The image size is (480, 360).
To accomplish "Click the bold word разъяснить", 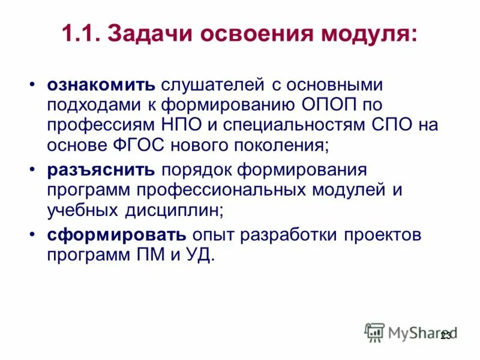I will [x=101, y=169].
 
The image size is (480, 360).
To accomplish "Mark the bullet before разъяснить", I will [x=34, y=169].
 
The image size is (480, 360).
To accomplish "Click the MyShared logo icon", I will [x=375, y=332].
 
